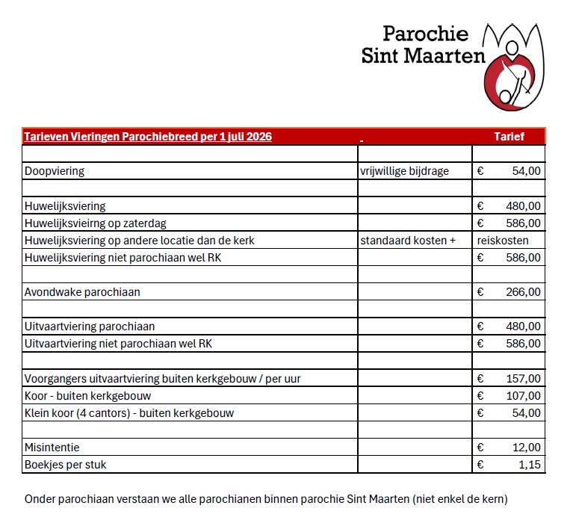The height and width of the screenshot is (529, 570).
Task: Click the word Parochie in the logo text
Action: tap(425, 34)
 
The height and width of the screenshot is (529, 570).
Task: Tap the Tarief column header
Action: tap(509, 137)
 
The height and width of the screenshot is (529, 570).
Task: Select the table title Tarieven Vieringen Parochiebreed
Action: tap(147, 137)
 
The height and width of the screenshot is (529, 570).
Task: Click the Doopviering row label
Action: tap(55, 171)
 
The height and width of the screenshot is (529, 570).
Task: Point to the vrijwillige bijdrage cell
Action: tap(404, 171)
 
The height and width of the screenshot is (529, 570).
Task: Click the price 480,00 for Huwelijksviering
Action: tap(523, 206)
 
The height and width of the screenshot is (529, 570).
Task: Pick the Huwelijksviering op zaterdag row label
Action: tap(95, 223)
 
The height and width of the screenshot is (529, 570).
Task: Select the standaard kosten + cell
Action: tap(408, 241)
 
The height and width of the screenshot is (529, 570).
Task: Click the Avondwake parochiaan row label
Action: tap(82, 292)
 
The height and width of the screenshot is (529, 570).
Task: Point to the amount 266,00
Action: tap(523, 292)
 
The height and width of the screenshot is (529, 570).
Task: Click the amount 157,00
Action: tap(523, 379)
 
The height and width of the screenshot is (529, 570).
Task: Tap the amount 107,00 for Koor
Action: tap(523, 396)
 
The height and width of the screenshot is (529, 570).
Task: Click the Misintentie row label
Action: tap(52, 448)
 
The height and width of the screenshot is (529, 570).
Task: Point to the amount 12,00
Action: tap(526, 448)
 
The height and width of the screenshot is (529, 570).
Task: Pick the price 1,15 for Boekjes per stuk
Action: tap(529, 465)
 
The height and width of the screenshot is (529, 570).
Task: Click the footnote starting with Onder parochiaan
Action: tap(266, 498)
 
